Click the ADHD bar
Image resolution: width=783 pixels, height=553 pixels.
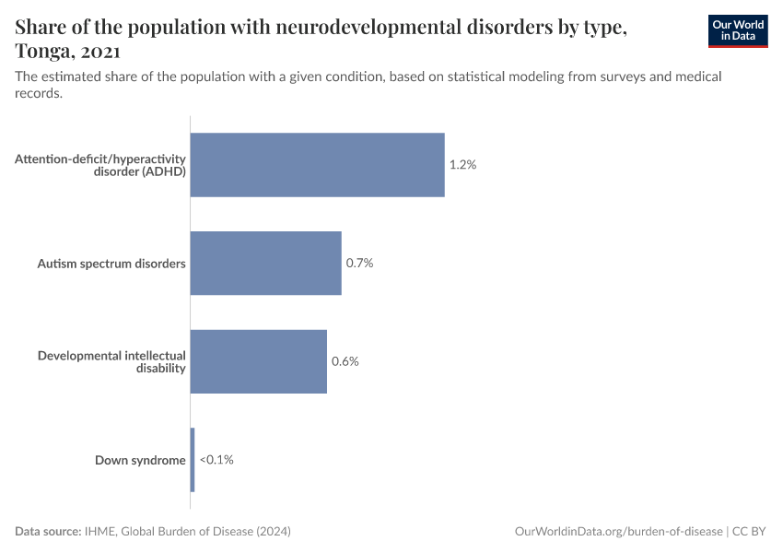[x=317, y=165]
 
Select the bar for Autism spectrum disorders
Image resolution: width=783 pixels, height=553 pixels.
[x=265, y=264]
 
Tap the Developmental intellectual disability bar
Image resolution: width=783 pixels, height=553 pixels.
[x=258, y=361]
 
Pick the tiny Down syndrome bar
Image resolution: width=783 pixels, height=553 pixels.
[x=193, y=460]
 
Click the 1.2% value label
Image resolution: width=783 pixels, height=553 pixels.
[x=462, y=165]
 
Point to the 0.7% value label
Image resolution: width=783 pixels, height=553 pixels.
[x=359, y=264]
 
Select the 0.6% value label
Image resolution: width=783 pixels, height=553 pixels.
[x=345, y=361]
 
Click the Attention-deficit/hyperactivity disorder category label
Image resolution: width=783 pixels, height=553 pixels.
[x=100, y=165]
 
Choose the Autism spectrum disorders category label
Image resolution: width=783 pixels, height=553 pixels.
[x=111, y=264]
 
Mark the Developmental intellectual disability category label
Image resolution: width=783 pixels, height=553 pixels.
[x=111, y=361]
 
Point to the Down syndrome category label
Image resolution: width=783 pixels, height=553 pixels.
[x=140, y=460]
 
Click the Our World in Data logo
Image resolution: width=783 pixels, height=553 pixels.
[x=737, y=29]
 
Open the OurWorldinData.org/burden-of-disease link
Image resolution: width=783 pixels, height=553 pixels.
[x=618, y=532]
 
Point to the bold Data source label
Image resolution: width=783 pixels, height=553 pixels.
[x=48, y=532]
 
